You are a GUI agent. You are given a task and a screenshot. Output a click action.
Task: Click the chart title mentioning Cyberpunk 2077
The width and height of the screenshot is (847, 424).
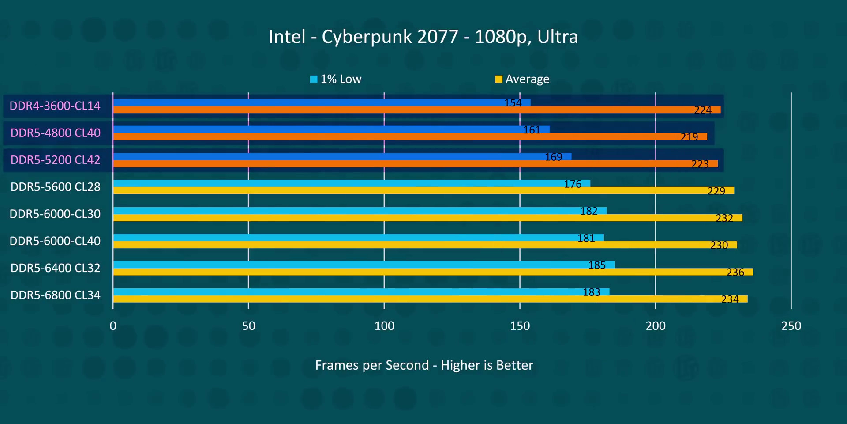[x=423, y=37]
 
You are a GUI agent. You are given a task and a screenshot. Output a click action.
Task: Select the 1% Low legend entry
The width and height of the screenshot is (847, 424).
[x=336, y=79]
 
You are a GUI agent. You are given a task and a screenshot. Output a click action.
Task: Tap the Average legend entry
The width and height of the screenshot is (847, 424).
[x=522, y=79]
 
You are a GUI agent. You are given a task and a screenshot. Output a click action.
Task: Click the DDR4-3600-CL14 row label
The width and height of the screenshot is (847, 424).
[x=55, y=106]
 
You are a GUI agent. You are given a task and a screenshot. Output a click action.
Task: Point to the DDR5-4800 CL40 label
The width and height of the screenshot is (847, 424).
[x=56, y=133]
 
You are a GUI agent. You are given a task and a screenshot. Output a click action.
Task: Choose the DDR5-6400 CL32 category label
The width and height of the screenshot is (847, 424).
[x=56, y=268]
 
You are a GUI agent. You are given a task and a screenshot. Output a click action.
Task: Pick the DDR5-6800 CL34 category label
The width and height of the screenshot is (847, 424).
[x=56, y=295]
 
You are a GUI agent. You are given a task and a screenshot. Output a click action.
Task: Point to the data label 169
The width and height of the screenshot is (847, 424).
[x=554, y=157]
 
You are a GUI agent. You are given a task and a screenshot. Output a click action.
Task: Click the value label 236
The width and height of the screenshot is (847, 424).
[x=735, y=273]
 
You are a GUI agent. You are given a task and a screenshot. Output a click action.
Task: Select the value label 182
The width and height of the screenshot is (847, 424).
[x=589, y=211]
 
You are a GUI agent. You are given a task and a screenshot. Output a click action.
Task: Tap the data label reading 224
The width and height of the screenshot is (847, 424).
[x=703, y=110]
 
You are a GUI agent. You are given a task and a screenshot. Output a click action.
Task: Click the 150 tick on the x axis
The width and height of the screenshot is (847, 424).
[x=520, y=326]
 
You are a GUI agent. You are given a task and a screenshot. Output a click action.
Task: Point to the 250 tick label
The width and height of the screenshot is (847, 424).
[x=791, y=326]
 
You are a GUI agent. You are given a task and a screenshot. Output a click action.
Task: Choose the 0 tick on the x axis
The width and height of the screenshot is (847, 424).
[x=113, y=326]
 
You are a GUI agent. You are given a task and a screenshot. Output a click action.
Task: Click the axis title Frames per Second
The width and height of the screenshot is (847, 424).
[x=424, y=365]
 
